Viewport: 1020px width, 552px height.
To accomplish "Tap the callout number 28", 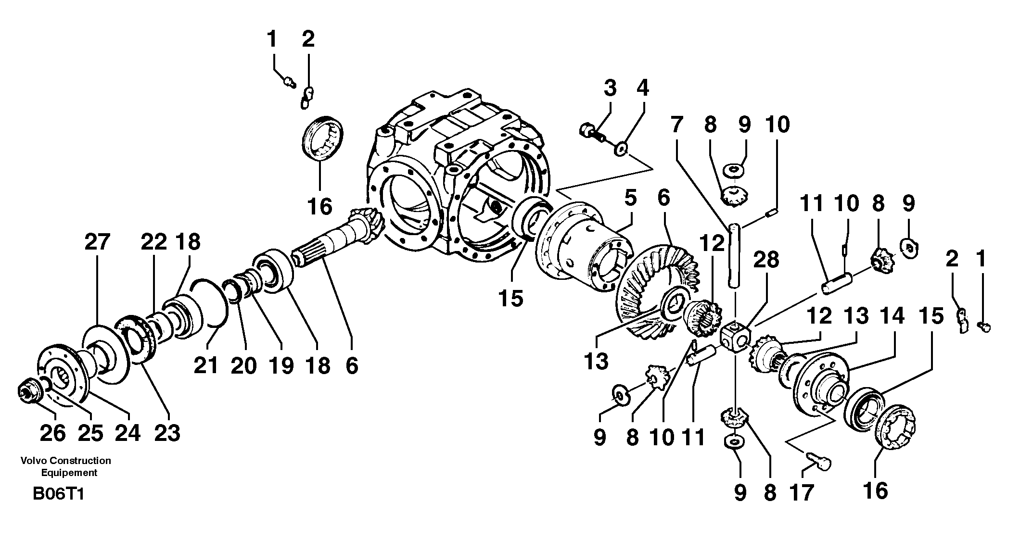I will click(766, 260).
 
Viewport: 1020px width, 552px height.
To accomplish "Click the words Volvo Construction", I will click(66, 461).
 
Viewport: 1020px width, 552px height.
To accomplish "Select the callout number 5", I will click(630, 198).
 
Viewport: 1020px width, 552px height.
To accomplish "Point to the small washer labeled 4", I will click(621, 151).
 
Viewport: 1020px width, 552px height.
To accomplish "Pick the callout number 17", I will click(802, 493).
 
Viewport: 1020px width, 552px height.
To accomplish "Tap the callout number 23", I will click(167, 433).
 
